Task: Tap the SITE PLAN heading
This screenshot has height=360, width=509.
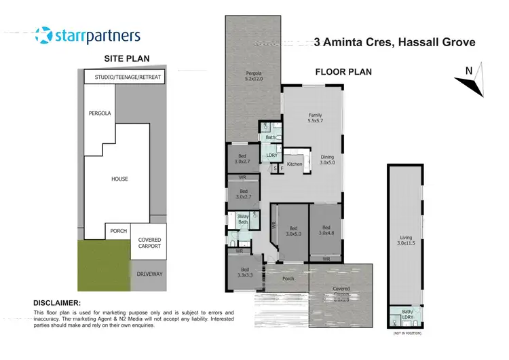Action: [x=126, y=59]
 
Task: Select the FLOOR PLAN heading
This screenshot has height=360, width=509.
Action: [x=343, y=72]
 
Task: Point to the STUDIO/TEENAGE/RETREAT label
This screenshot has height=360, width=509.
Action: [x=128, y=77]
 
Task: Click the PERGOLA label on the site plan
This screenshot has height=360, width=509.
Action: [x=99, y=113]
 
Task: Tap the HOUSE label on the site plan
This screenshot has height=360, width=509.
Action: [x=119, y=179]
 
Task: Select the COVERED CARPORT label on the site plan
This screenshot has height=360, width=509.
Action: [x=149, y=242]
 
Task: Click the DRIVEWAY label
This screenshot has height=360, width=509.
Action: [x=149, y=274]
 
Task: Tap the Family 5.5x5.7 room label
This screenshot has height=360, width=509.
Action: [x=315, y=118]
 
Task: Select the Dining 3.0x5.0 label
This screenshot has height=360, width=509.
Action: [x=327, y=160]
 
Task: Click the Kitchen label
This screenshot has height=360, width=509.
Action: [x=294, y=164]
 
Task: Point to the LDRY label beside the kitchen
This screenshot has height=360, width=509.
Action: [x=272, y=155]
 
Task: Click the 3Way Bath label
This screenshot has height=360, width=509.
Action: [x=242, y=219]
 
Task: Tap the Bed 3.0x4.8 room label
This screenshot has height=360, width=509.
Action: [x=326, y=230]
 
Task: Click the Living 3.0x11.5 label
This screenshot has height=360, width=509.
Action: [x=404, y=240]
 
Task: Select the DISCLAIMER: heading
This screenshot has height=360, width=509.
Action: [x=57, y=303]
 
